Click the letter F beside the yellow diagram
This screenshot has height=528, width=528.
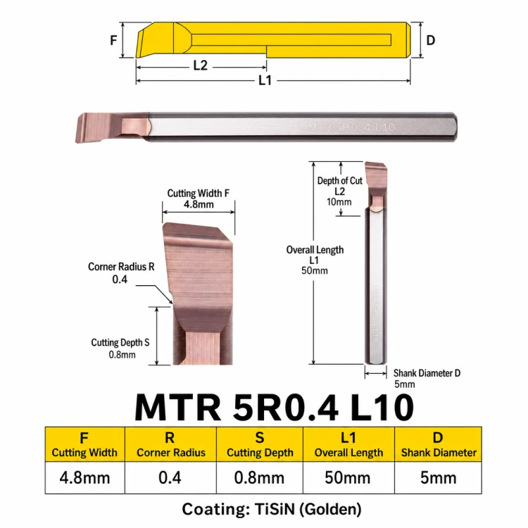[113, 40]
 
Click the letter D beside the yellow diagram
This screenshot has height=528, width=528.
[431, 40]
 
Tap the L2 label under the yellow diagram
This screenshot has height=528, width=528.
[201, 65]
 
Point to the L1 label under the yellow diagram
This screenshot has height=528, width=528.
[265, 80]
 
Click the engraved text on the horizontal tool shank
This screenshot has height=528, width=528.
[351, 127]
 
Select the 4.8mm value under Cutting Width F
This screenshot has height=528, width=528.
[199, 204]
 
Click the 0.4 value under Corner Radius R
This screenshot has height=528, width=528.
[120, 279]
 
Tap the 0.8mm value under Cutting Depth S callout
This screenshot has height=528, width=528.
[122, 355]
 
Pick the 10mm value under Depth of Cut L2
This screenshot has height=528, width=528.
[339, 202]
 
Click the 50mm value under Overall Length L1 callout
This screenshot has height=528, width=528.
[315, 271]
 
